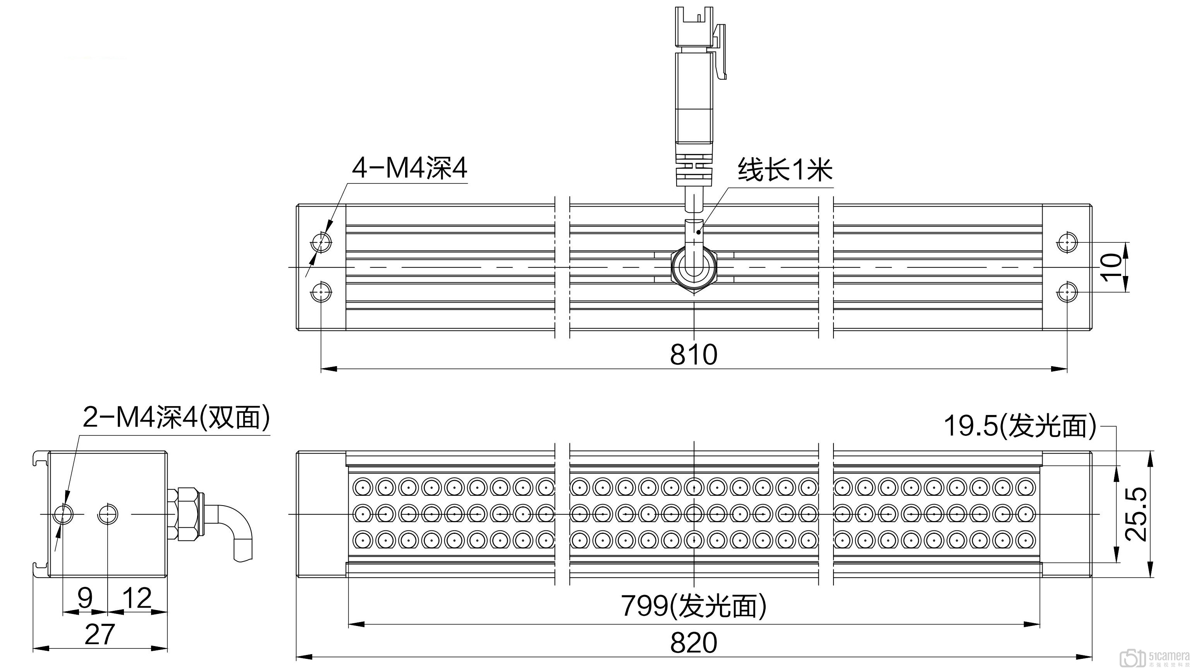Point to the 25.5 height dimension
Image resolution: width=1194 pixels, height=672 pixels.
pyautogui.click(x=1137, y=514)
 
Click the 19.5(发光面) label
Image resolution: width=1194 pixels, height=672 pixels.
pyautogui.click(x=1020, y=426)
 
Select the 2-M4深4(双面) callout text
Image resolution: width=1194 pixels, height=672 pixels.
pyautogui.click(x=176, y=417)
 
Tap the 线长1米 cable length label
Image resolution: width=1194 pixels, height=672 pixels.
pyautogui.click(x=785, y=170)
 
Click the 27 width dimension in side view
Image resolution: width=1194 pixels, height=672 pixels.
pyautogui.click(x=100, y=634)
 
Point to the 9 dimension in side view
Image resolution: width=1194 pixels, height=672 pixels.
pyautogui.click(x=85, y=598)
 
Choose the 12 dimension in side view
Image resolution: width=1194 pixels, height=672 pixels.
pyautogui.click(x=137, y=598)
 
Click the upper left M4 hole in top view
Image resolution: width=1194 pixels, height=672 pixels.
pyautogui.click(x=321, y=242)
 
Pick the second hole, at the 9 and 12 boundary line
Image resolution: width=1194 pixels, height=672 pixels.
pyautogui.click(x=108, y=514)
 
